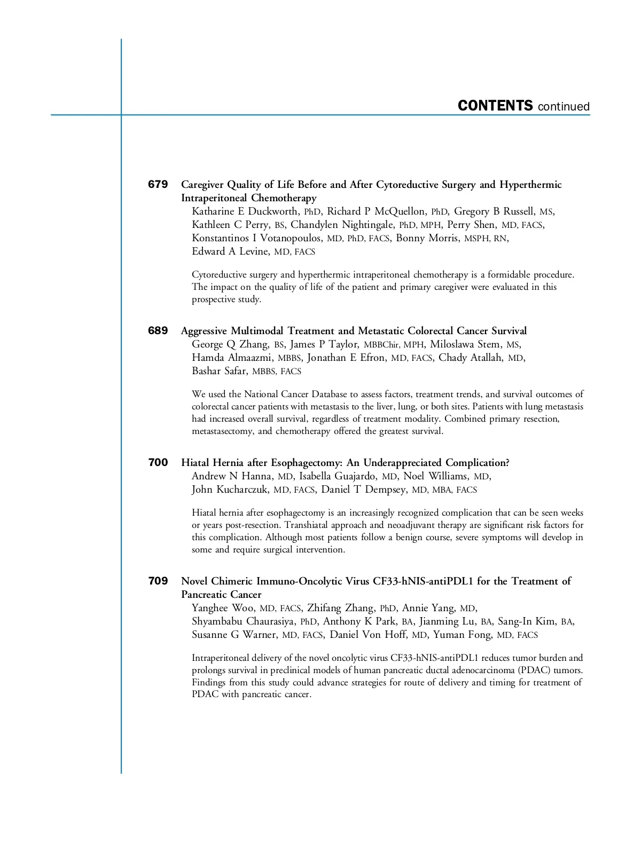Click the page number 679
pos(158,185)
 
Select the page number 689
pos(158,331)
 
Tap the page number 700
pos(158,463)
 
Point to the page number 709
pos(158,581)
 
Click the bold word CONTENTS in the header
pos(495,106)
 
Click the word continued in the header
pos(564,107)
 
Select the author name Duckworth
pos(272,211)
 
